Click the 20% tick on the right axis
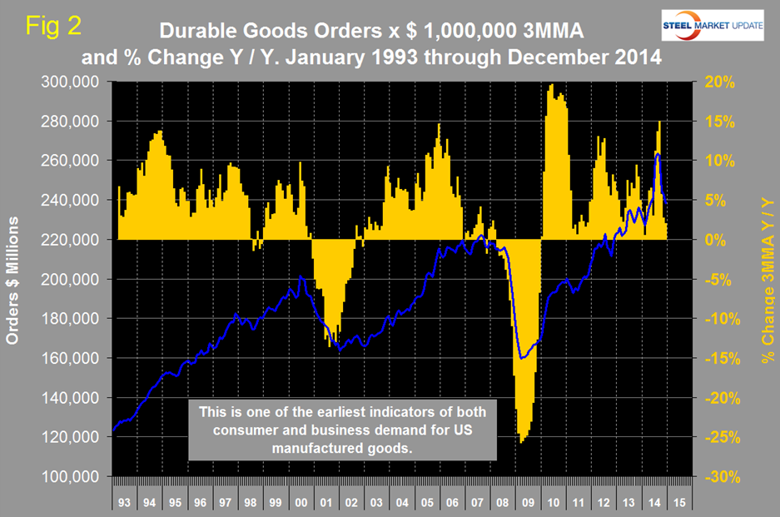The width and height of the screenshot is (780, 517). pos(716,82)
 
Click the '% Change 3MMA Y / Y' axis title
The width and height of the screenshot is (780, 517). pos(766,280)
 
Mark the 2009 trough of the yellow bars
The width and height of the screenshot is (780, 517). pos(522,442)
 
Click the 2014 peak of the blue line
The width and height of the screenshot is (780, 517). pos(658,154)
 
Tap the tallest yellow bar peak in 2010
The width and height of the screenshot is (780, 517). pos(552,84)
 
